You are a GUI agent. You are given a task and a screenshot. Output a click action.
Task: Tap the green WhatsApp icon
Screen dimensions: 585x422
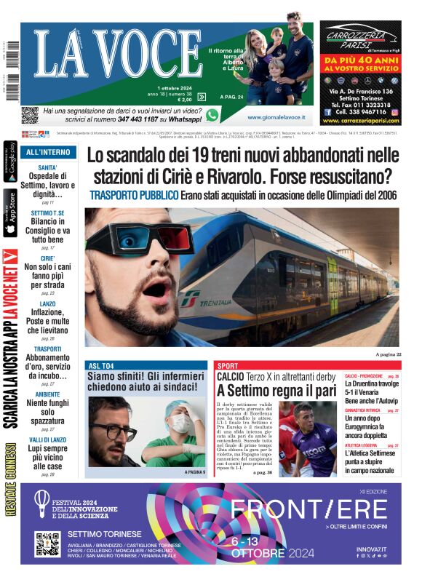pos(212,115)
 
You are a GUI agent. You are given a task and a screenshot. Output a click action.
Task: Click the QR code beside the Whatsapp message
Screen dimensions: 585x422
pos(29,115)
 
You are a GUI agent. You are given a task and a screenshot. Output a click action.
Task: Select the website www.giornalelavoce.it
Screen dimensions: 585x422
pos(276,117)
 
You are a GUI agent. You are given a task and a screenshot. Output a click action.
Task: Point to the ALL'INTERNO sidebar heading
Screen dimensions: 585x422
pos(48,153)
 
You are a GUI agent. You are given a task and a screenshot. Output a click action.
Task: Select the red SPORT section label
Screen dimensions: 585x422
pos(228,365)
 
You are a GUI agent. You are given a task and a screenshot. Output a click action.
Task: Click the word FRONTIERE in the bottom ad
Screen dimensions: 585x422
pos(308,509)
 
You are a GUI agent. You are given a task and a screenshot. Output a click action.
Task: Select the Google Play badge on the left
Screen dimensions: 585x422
pos(10,165)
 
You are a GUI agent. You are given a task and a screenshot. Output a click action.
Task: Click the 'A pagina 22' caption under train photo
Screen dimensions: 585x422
pos(388,354)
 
